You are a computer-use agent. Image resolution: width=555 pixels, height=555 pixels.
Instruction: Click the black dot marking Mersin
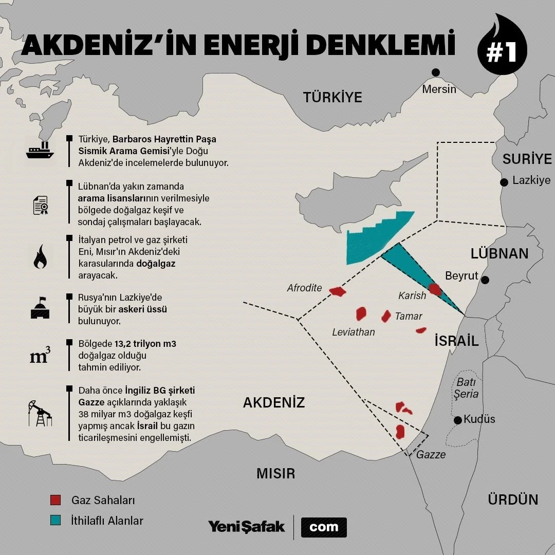click(x=436, y=72)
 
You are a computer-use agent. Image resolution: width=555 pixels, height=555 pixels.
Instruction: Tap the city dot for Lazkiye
click(x=504, y=182)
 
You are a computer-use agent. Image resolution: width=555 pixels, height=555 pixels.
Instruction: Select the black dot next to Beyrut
click(x=485, y=280)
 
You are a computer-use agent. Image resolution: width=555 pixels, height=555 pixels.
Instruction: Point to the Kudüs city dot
click(x=458, y=420)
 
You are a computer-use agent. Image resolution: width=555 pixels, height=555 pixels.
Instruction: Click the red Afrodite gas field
click(x=338, y=292)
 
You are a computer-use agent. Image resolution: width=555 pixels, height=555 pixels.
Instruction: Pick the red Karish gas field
click(x=435, y=289)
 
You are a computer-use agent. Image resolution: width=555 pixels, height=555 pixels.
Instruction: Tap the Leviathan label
click(x=354, y=332)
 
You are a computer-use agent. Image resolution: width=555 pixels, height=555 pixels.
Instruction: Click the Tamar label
click(x=409, y=316)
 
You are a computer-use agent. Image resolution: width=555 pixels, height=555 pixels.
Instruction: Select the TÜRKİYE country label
click(x=332, y=97)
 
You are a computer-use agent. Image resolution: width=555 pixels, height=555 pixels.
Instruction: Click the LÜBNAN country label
click(x=499, y=253)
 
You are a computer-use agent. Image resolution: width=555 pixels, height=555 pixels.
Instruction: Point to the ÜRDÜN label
click(x=513, y=499)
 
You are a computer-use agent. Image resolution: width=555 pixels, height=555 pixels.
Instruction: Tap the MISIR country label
click(x=276, y=473)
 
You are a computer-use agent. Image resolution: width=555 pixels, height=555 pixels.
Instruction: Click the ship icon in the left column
click(x=40, y=151)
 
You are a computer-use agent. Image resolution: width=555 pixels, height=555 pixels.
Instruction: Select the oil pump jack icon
click(x=40, y=413)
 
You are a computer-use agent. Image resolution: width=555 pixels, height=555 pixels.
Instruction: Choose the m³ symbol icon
click(x=40, y=356)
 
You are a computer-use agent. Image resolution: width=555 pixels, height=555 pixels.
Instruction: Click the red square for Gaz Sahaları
click(x=55, y=499)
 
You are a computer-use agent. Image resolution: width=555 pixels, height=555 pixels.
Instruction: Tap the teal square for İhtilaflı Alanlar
click(x=55, y=520)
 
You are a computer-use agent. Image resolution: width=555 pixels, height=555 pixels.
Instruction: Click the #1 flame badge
click(x=502, y=47)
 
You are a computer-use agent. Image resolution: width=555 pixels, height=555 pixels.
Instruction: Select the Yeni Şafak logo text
click(x=246, y=527)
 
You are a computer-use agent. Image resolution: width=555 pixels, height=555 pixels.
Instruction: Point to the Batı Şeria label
click(x=466, y=388)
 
